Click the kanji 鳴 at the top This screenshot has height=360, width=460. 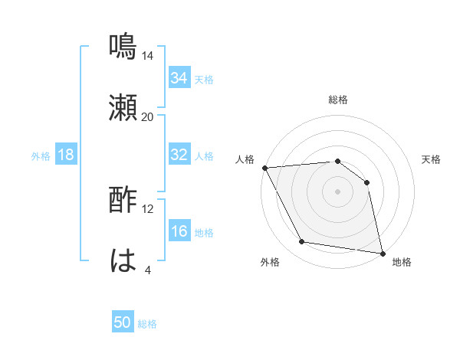[x=123, y=46]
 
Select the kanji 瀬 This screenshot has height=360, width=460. [x=123, y=107]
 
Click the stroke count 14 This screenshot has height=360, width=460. [x=148, y=56]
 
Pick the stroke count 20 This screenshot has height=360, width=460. [x=148, y=117]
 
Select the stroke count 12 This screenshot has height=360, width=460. [x=148, y=209]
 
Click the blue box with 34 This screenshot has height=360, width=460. [x=179, y=78]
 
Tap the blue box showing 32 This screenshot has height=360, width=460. [x=179, y=155]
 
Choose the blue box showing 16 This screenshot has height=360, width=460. [x=179, y=231]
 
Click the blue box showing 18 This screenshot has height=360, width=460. [x=66, y=155]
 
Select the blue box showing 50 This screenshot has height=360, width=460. [x=123, y=322]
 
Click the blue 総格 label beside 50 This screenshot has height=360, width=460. [x=147, y=324]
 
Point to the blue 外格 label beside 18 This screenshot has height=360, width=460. [x=41, y=156]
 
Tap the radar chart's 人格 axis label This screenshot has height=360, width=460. [x=245, y=159]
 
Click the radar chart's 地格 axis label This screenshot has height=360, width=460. [x=402, y=262]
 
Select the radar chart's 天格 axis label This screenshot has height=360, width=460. [x=432, y=159]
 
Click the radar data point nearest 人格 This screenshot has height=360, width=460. [x=264, y=168]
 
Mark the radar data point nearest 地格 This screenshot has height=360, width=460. [x=382, y=253]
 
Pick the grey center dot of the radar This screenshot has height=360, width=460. [x=337, y=191]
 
